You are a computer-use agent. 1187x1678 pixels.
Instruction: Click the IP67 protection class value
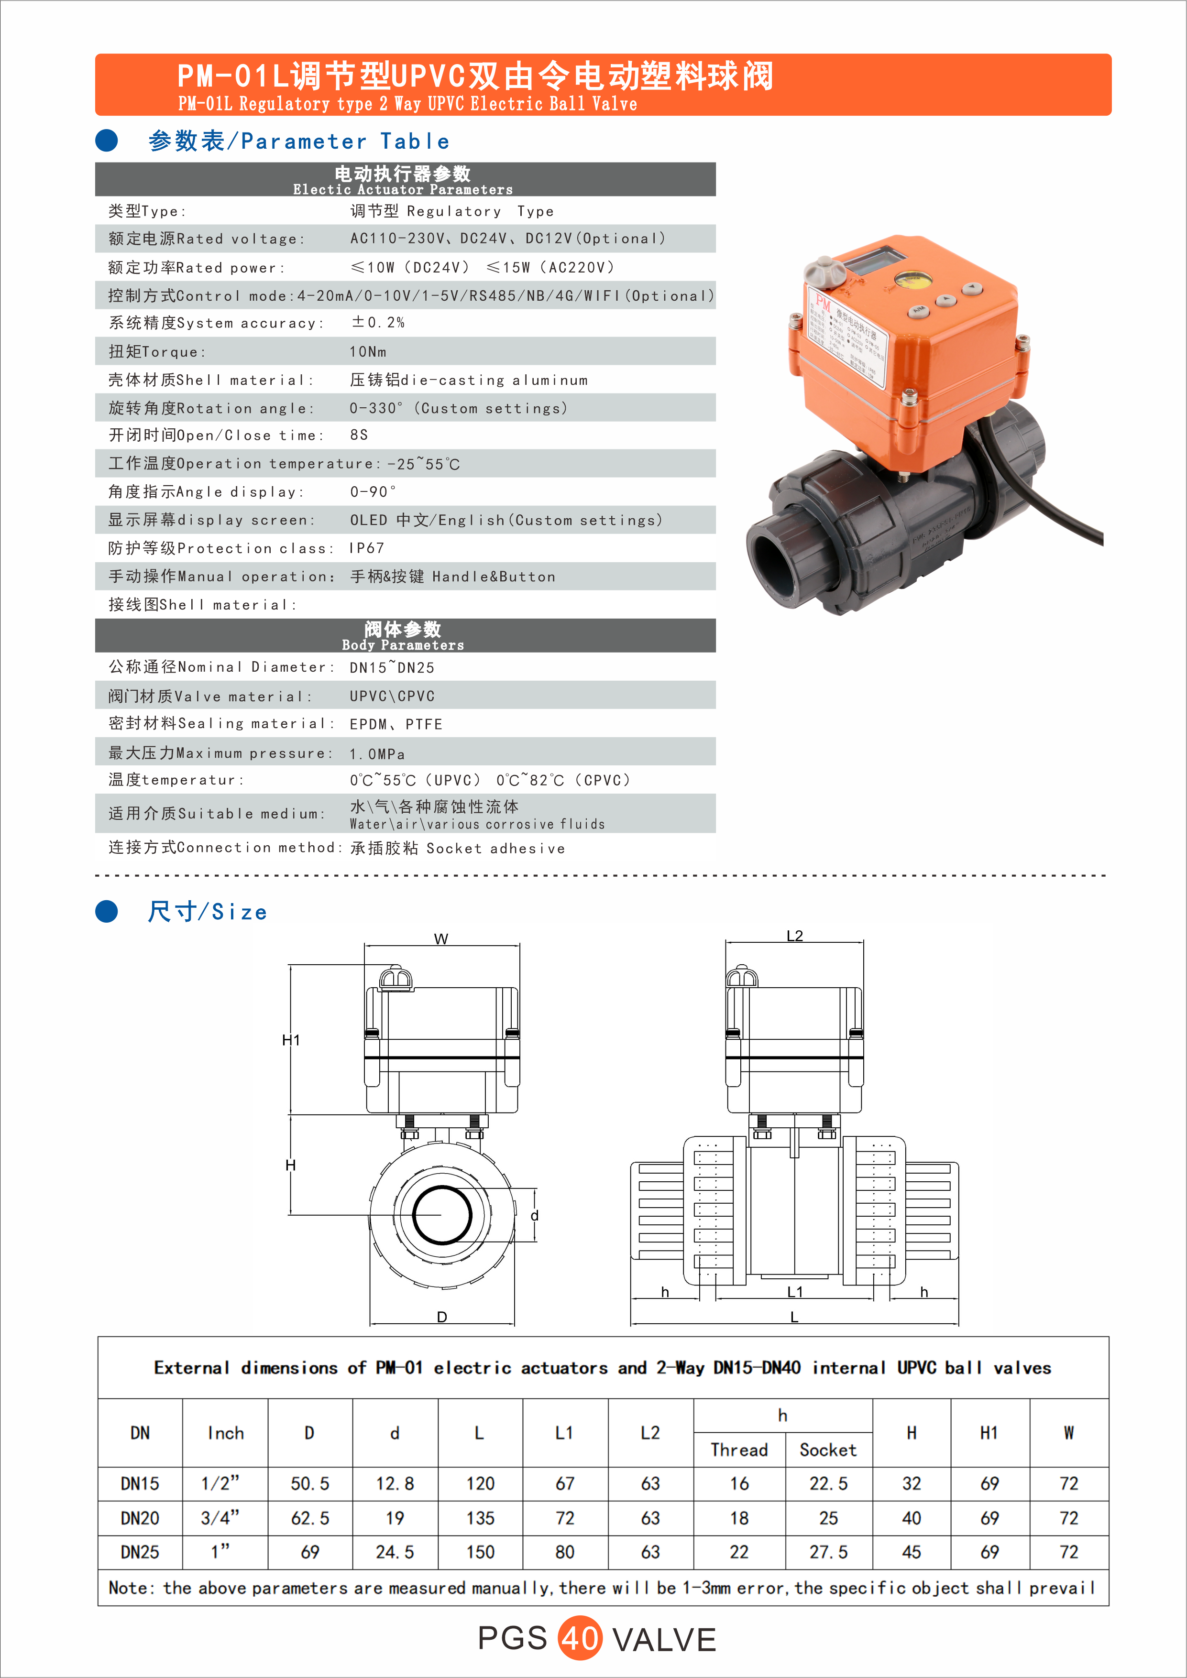tap(367, 548)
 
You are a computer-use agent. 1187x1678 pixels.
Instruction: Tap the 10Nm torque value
tap(368, 351)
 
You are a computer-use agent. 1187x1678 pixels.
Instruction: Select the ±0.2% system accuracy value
tap(378, 322)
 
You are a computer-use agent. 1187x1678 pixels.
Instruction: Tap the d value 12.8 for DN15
tap(395, 1483)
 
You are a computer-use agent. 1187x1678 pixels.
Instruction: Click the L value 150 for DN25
tap(480, 1552)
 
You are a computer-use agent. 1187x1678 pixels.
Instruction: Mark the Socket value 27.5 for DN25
tap(828, 1552)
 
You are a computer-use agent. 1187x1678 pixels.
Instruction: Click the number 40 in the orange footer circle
tap(580, 1638)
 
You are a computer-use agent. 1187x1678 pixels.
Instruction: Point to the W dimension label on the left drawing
tap(441, 939)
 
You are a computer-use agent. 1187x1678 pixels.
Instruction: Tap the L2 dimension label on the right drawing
tap(794, 936)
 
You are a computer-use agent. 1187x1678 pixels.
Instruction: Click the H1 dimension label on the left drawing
tap(291, 1040)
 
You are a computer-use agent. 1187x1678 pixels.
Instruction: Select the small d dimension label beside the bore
tap(534, 1215)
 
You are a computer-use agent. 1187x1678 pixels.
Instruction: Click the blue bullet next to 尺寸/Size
tap(107, 911)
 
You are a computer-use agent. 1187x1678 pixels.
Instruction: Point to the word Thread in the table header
tap(739, 1450)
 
